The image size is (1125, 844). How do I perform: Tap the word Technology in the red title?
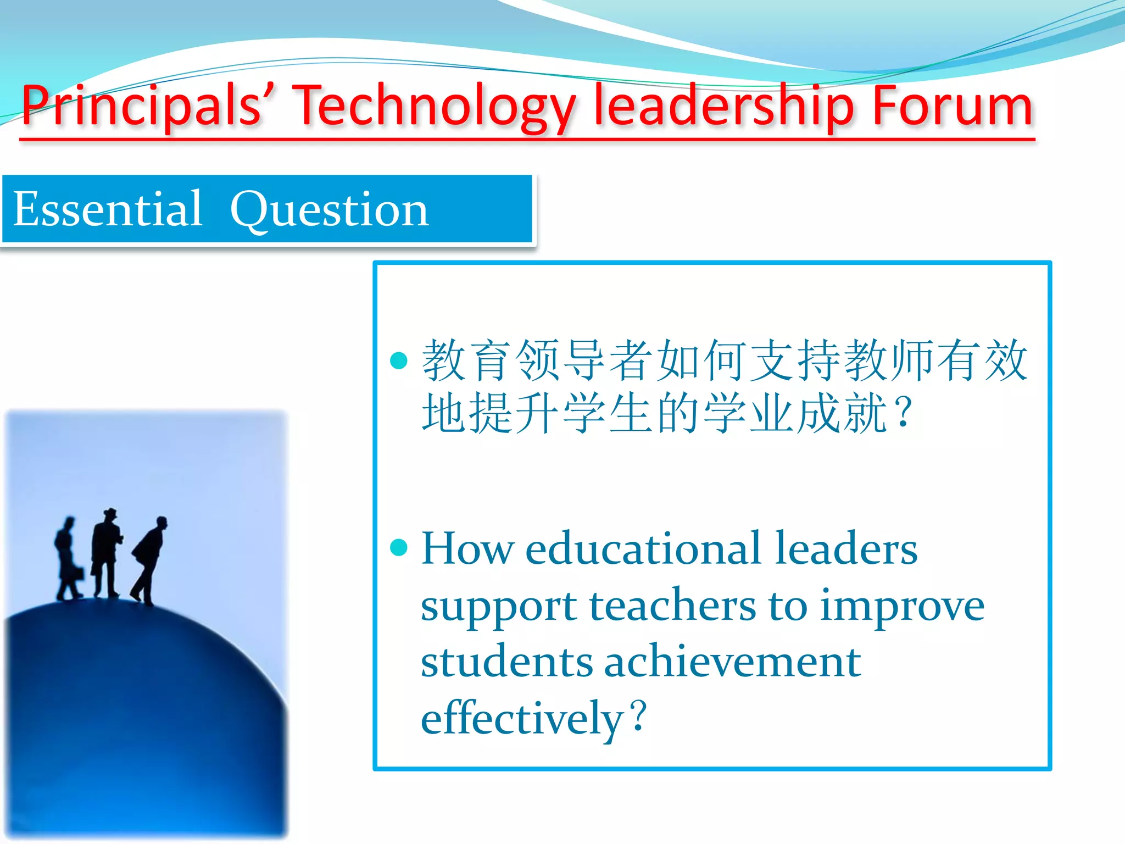coord(434,105)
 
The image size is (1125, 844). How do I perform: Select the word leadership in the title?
coord(724,105)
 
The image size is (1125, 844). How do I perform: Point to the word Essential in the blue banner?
coord(108,209)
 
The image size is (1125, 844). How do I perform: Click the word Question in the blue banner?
coord(329,210)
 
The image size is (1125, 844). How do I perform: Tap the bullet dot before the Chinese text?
coord(398,360)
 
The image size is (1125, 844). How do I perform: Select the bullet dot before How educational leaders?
coord(398,547)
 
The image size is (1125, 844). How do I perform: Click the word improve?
coord(902,607)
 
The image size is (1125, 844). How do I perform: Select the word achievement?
coord(732,662)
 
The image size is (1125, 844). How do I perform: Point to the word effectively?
coord(522,719)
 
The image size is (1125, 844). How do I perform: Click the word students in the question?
coord(506,662)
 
